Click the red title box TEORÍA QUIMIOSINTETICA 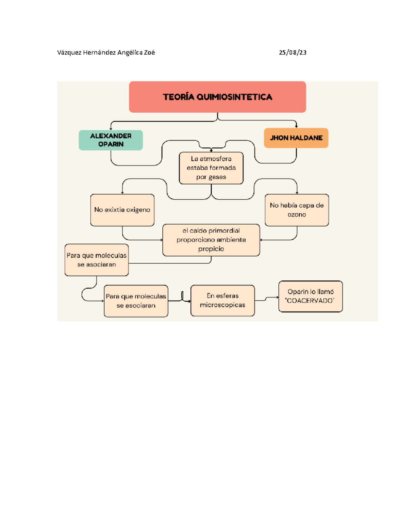[x=217, y=97]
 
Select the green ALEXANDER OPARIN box [x=111, y=140]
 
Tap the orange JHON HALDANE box [x=296, y=138]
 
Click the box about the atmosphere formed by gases [x=211, y=168]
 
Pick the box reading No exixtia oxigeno [x=122, y=210]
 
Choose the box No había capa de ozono [x=297, y=210]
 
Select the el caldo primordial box [x=211, y=240]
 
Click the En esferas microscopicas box [x=222, y=300]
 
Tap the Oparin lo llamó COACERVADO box [x=310, y=296]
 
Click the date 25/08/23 [x=292, y=52]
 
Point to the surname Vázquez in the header [x=69, y=52]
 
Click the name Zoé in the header [x=149, y=52]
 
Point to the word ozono [x=297, y=214]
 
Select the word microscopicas [x=222, y=305]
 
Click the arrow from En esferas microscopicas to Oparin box [x=266, y=299]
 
